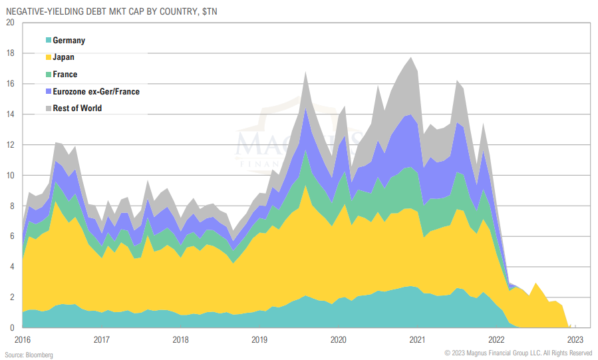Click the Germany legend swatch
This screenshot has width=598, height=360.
pos(49,41)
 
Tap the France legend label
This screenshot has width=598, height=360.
pos(65,75)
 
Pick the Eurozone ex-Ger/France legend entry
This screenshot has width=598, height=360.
pos(96,91)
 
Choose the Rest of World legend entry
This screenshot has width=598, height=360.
pos(77,108)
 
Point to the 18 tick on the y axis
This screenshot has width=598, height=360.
pos(9,53)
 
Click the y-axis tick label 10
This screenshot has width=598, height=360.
pos(9,176)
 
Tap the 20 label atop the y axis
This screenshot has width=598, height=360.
pos(9,23)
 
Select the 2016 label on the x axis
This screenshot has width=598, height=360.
pos(23,339)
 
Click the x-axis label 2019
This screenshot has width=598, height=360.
pos(259,339)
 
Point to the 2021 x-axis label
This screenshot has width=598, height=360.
pos(417,339)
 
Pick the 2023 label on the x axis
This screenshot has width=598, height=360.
pos(575,339)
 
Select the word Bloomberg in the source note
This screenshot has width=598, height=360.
pos(39,354)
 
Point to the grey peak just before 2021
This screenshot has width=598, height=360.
pos(410,57)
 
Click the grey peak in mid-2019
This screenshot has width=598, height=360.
pos(305,73)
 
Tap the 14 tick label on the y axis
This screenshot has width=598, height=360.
pos(9,114)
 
